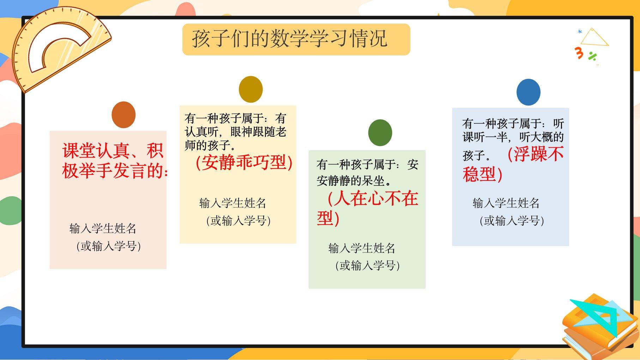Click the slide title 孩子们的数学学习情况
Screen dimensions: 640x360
290,38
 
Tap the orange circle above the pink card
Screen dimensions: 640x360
123,115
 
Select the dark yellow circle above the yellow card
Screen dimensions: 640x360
251,89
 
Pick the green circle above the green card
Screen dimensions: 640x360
380,133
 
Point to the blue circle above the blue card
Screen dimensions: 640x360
529,92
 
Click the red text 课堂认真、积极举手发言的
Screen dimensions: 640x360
115,161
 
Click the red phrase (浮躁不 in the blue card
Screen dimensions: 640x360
536,154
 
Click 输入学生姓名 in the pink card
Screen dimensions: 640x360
103,228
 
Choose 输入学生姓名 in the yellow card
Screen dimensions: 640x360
233,203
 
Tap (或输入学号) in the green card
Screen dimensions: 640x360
368,266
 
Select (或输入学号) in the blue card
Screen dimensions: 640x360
512,221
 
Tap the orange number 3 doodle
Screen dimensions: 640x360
579,53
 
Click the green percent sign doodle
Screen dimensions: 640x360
592,56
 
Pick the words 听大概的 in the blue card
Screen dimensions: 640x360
542,137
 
